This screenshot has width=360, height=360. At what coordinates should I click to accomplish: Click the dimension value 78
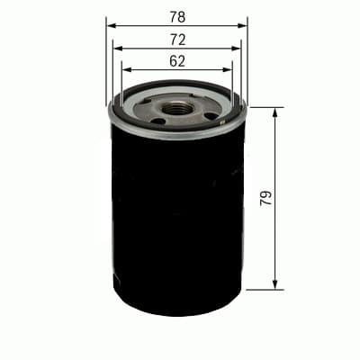pos(176,16)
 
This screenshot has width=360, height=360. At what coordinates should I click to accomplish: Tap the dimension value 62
pos(176,61)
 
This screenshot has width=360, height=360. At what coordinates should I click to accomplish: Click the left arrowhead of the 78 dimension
pos(111,26)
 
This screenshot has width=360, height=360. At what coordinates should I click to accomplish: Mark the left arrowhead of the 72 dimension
pos(117,49)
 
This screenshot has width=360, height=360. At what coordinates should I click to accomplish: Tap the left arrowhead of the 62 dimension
pos(125,68)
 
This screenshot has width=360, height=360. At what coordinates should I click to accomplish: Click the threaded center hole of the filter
pos(178,107)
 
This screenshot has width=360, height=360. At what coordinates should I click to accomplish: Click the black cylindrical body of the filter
pos(176,216)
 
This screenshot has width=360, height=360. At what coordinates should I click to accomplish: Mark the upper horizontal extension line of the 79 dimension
pos(265,107)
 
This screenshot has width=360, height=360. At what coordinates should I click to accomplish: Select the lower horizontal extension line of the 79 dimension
pos(265,290)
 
